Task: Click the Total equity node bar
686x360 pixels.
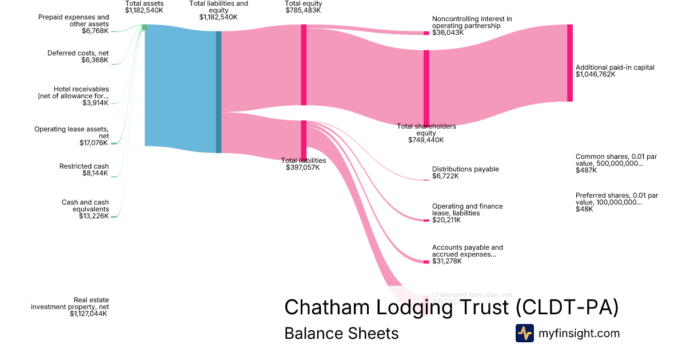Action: [x=304, y=65]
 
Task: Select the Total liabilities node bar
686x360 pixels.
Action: [x=304, y=140]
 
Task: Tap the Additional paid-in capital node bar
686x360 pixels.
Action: [x=569, y=63]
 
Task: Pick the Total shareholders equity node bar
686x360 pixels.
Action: [x=426, y=86]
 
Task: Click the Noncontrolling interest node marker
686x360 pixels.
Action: [x=426, y=33]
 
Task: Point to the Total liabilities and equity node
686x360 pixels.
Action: [x=218, y=91]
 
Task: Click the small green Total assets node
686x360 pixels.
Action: [x=145, y=27]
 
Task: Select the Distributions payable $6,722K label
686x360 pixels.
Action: [x=465, y=173]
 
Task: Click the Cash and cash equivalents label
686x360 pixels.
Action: [x=85, y=209]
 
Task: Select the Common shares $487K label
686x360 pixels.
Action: [x=617, y=163]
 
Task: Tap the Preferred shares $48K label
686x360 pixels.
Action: [x=617, y=202]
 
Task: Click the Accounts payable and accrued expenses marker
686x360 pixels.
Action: [x=426, y=262]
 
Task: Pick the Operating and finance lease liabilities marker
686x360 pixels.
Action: [x=426, y=220]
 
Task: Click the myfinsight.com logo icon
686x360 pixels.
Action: [x=524, y=333]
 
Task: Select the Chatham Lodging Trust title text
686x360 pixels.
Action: [x=451, y=307]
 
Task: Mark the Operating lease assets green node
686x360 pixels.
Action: [x=114, y=143]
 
